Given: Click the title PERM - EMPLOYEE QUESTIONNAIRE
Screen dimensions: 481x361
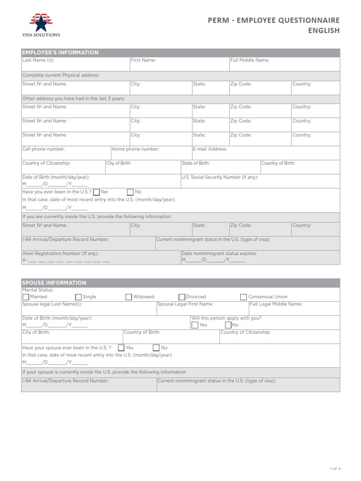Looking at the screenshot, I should [x=274, y=20].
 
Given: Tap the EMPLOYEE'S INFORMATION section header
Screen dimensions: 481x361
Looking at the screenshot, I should [x=60, y=53].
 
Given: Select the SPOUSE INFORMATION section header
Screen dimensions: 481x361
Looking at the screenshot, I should [x=54, y=283].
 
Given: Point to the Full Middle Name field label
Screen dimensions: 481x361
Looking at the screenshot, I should [x=250, y=61].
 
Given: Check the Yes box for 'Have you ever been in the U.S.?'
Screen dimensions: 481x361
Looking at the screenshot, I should [x=96, y=192].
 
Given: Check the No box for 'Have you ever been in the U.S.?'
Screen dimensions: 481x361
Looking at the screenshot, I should [x=130, y=192].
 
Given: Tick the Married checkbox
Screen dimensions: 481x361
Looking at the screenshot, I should [x=25, y=297].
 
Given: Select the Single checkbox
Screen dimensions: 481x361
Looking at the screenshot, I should [x=78, y=297].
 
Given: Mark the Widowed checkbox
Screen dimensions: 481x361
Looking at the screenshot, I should [x=129, y=297].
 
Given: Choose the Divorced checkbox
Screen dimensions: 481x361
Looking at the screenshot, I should [x=181, y=297].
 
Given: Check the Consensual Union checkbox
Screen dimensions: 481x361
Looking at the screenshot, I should [x=243, y=297].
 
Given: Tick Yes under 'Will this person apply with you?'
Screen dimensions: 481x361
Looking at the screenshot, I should [x=195, y=325].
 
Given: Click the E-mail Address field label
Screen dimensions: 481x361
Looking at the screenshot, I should [x=210, y=149].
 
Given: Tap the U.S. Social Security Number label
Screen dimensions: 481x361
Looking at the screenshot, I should [x=220, y=177].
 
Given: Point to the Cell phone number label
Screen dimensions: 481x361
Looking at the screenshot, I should [x=44, y=149].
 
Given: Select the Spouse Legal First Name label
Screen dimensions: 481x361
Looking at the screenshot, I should [x=182, y=304].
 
